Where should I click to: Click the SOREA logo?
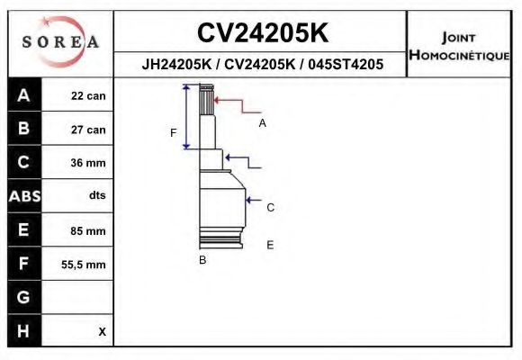coord(60,41)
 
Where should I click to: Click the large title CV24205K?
coord(263,32)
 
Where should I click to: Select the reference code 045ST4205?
coord(346,64)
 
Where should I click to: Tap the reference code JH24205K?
coord(176,64)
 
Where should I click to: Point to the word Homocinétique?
coord(459,55)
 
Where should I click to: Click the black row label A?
coord(23,95)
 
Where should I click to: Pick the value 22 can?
coord(88,96)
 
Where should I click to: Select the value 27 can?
coord(88,130)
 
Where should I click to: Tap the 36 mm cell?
coord(88,163)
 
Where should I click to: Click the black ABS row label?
coord(24,196)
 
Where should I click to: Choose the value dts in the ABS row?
coord(97,195)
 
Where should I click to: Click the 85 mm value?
coord(88,230)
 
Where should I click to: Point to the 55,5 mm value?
coord(84,265)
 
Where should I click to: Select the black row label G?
coord(23,297)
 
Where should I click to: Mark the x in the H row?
coord(103,331)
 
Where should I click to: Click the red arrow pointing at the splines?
coord(237,105)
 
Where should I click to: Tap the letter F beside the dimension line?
coord(173,133)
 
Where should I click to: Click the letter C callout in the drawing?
coord(270,208)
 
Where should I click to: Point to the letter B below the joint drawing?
coord(202,260)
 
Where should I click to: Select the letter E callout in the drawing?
coord(270,245)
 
